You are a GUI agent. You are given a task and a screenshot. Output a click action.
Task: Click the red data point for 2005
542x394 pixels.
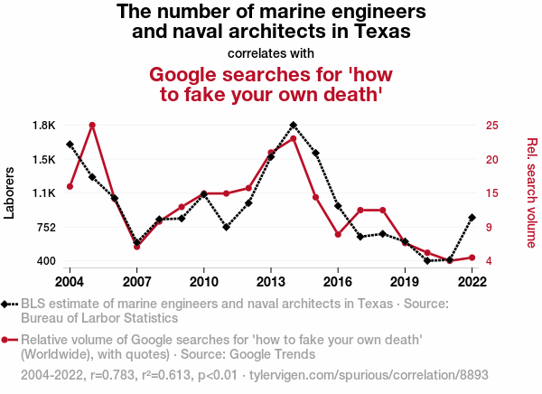(x=92, y=125)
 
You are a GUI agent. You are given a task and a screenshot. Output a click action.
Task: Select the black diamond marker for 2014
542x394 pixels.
(x=294, y=125)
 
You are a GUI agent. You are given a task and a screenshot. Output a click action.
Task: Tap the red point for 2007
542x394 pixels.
(x=136, y=247)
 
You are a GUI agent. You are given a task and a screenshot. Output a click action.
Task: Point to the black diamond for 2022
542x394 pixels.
(x=472, y=217)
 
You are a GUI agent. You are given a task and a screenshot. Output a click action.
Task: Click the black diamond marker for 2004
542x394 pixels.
(x=70, y=145)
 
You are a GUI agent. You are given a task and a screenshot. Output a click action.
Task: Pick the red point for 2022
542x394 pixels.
(x=472, y=258)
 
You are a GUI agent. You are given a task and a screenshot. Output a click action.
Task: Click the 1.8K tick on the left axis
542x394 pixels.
(x=43, y=125)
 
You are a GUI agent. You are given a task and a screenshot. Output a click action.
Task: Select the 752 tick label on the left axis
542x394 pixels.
(x=44, y=227)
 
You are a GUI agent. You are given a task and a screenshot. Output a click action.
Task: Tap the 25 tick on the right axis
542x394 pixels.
(x=491, y=125)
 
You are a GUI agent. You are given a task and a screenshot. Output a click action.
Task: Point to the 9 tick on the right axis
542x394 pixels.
(x=488, y=227)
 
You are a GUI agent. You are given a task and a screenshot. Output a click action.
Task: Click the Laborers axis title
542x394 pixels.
(x=10, y=192)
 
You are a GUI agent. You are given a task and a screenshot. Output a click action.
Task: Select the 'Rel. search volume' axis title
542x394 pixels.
(x=531, y=192)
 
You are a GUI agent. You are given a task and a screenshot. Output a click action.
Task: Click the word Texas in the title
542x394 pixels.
(x=384, y=32)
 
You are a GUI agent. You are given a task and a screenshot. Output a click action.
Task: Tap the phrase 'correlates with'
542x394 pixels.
(x=271, y=52)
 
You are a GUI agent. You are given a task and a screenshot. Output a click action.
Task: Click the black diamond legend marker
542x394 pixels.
(x=7, y=304)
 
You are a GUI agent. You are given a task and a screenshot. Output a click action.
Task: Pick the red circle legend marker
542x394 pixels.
(x=7, y=340)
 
